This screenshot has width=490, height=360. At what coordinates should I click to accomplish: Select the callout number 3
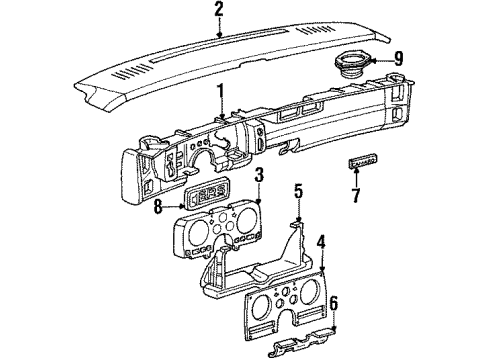(x=259, y=176)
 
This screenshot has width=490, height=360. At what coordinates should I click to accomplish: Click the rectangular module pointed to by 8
(x=208, y=195)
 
